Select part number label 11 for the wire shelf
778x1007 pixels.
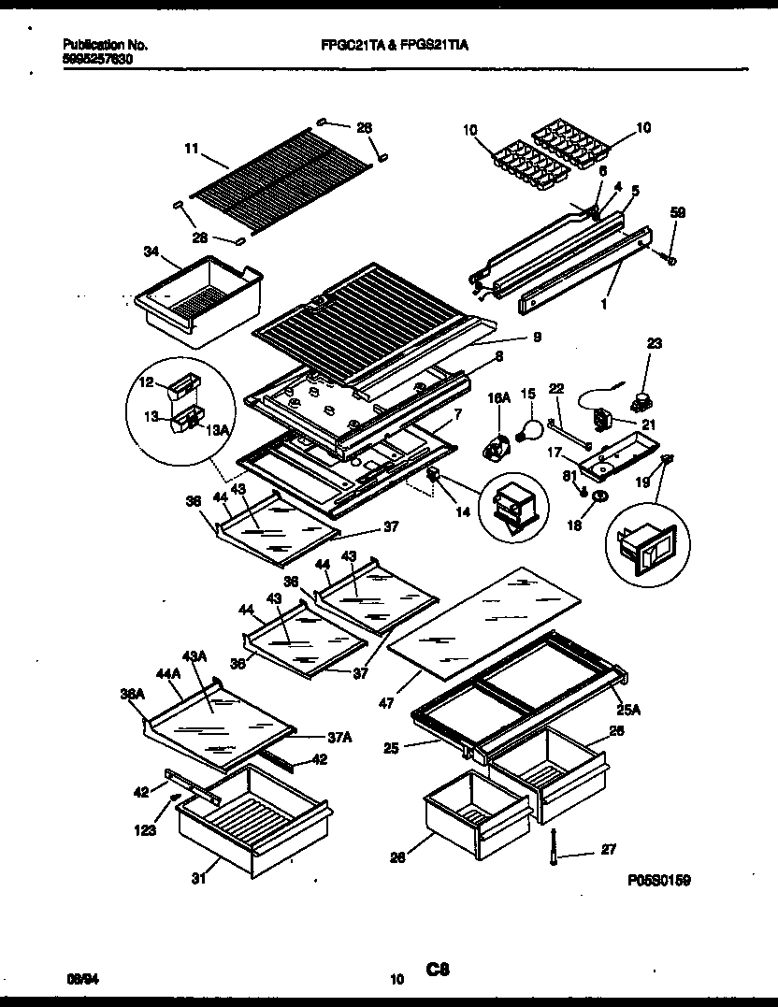click(x=190, y=148)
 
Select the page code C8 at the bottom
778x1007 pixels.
click(x=439, y=971)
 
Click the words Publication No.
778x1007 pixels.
click(x=106, y=44)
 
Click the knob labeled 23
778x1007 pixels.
click(x=642, y=404)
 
